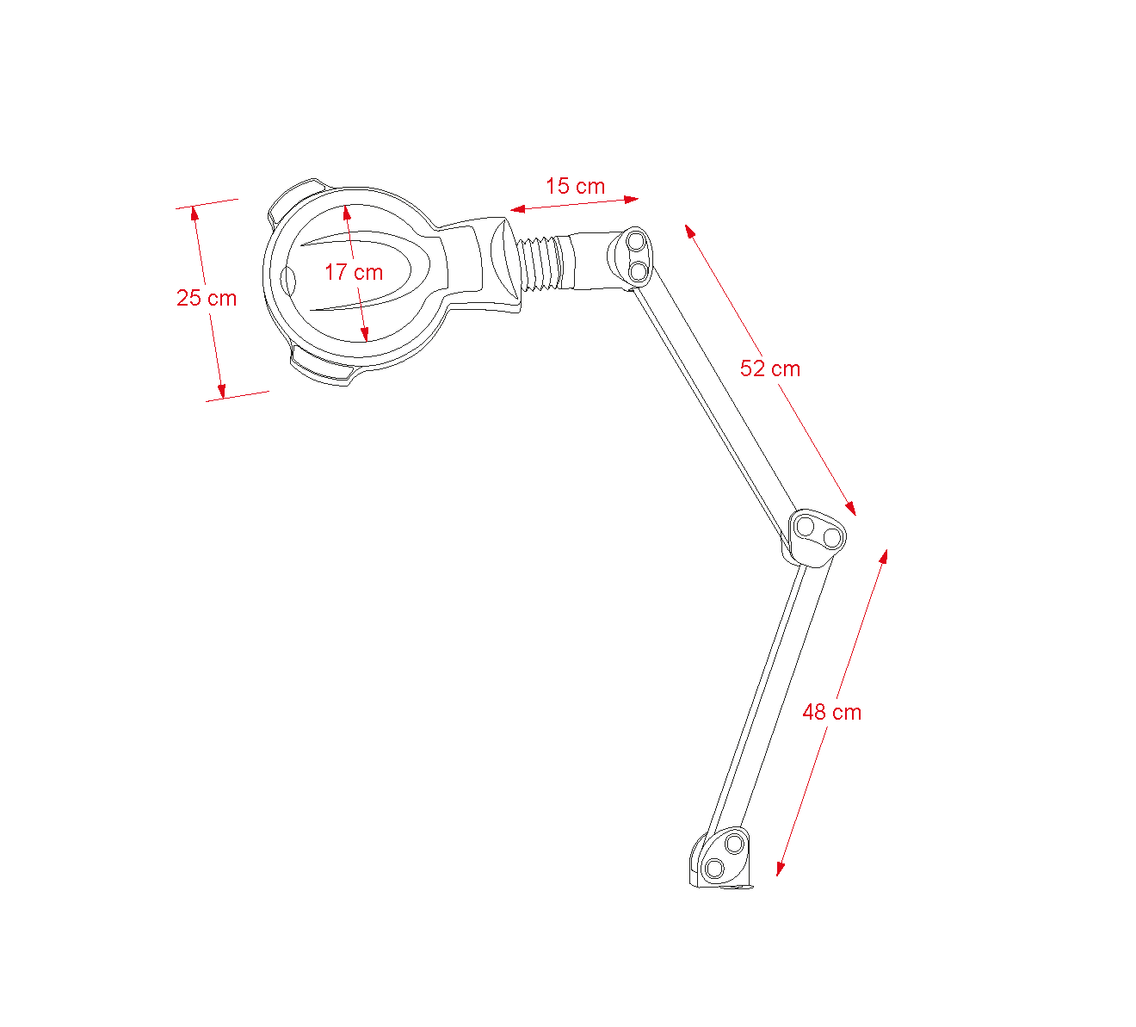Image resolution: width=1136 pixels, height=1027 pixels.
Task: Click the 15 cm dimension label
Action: (x=576, y=186)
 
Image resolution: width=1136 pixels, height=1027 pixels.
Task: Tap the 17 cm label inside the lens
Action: (x=354, y=273)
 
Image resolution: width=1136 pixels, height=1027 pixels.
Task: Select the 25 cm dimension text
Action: (x=207, y=298)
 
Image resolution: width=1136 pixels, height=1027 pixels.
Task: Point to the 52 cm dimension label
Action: (x=770, y=368)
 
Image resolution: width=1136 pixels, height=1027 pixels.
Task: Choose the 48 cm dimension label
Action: (x=832, y=712)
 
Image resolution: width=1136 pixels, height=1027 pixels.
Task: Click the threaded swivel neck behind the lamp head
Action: (x=539, y=264)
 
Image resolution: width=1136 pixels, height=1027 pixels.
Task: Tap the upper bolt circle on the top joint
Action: (x=636, y=242)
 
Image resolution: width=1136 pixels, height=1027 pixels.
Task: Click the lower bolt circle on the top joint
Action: (x=639, y=272)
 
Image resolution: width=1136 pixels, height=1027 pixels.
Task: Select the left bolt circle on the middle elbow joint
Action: (x=805, y=527)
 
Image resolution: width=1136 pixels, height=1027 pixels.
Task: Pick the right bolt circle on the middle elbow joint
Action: (x=831, y=537)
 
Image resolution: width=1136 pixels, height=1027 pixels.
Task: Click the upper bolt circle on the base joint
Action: (x=734, y=844)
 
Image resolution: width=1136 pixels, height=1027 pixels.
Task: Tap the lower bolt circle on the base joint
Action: (x=714, y=869)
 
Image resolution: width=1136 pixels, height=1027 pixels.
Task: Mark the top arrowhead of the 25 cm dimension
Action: (x=194, y=213)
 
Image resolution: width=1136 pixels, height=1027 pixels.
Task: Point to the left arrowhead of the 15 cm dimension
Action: (x=517, y=209)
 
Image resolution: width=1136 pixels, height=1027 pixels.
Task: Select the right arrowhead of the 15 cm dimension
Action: (x=632, y=200)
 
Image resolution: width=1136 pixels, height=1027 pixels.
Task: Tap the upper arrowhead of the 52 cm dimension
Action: (x=689, y=231)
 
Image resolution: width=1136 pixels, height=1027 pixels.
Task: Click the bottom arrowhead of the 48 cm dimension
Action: (x=781, y=869)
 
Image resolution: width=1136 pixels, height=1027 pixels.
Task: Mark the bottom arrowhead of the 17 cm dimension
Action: (x=365, y=335)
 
